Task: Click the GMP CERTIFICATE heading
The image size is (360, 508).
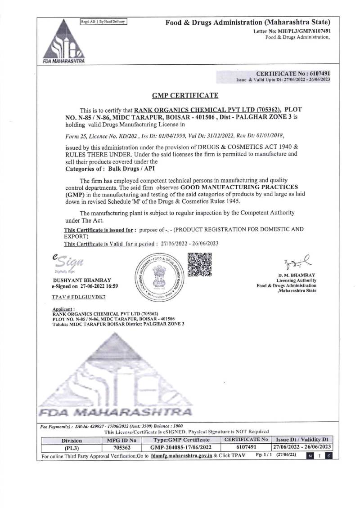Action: click(x=185, y=95)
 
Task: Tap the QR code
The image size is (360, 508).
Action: click(x=199, y=264)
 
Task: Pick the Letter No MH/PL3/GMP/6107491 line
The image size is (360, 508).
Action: click(x=292, y=31)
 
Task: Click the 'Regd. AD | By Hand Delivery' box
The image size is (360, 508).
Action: click(x=103, y=21)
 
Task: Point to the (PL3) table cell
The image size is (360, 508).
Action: click(x=72, y=448)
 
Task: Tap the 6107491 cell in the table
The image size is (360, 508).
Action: click(x=246, y=447)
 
